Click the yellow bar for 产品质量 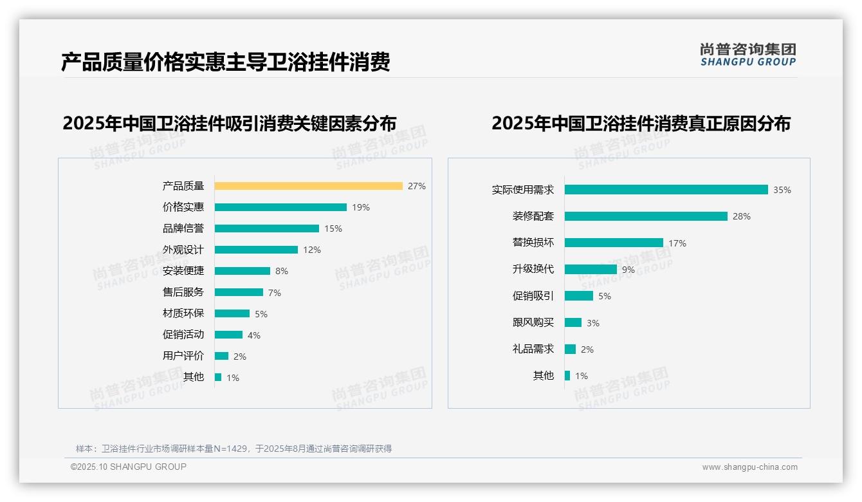click(x=308, y=186)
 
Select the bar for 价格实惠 click(x=280, y=207)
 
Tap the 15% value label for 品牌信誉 click(x=333, y=228)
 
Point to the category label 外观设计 click(x=183, y=250)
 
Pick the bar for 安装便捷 click(x=243, y=271)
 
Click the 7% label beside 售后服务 click(x=275, y=293)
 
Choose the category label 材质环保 click(x=183, y=313)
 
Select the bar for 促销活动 click(x=228, y=335)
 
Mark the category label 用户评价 click(x=183, y=356)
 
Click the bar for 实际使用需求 click(x=666, y=190)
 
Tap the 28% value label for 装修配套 click(x=742, y=217)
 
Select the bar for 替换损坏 click(x=614, y=243)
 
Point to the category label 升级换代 click(x=533, y=269)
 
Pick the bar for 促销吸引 click(x=579, y=296)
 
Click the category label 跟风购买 click(x=533, y=322)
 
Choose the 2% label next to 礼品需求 click(x=587, y=349)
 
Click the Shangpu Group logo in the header click(x=748, y=55)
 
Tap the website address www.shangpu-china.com click(x=749, y=467)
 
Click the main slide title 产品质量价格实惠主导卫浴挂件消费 click(x=226, y=62)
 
